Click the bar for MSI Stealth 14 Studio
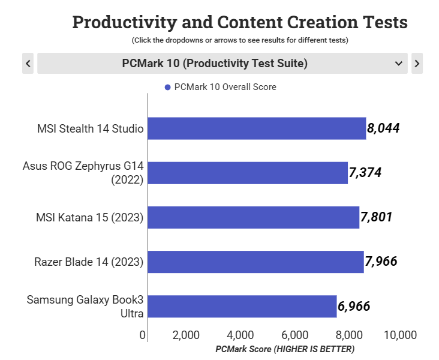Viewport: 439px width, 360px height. (x=257, y=128)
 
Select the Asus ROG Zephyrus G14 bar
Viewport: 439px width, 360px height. (x=248, y=173)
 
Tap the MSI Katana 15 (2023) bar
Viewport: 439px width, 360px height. (x=253, y=217)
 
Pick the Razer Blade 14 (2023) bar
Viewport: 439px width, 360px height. (x=255, y=262)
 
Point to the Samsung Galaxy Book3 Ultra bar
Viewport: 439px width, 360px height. (x=242, y=306)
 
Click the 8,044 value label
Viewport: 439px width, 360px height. (x=384, y=128)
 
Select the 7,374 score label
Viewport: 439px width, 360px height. (x=365, y=173)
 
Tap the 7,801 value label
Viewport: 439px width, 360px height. (x=377, y=217)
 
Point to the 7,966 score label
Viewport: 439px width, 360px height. (x=381, y=262)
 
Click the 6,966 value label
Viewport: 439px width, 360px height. (x=354, y=307)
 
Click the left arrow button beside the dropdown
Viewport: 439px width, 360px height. (x=28, y=63)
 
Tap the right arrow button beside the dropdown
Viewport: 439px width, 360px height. (x=417, y=63)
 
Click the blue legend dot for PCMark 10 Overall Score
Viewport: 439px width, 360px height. (x=168, y=88)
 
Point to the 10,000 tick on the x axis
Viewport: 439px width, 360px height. (x=400, y=335)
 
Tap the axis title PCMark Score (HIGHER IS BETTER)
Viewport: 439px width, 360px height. (x=285, y=349)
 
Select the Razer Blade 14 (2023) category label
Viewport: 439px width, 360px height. (x=89, y=262)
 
